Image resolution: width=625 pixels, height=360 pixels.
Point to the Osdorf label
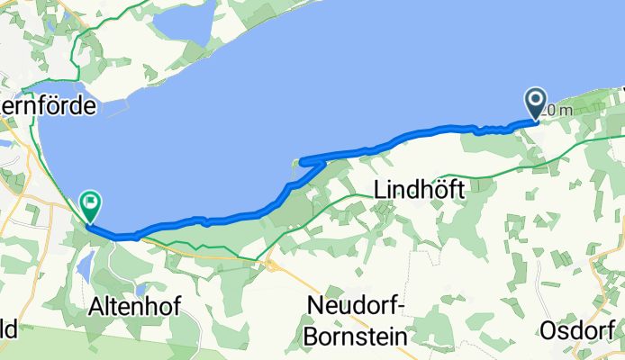pos(579,329)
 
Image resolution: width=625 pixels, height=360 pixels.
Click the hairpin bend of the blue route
pos(303,163)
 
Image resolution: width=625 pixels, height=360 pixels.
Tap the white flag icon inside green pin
pos(91,202)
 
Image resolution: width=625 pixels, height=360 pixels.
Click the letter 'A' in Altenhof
pos(95,307)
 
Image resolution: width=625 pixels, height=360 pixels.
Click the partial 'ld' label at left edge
pos(7,329)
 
